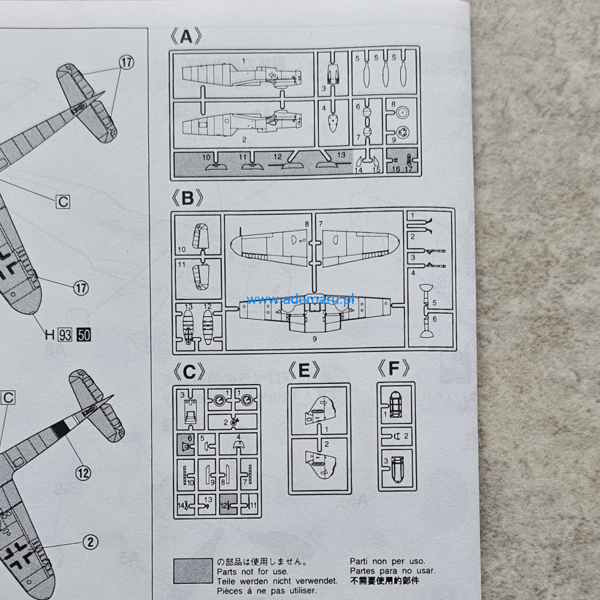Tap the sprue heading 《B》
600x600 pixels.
coord(187,198)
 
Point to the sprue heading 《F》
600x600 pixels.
coord(393,368)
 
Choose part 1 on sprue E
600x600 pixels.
coord(319,410)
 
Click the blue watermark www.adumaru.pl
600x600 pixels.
coord(300,299)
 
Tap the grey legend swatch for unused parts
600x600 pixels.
coord(193,571)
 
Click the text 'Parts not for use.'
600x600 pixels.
coord(253,572)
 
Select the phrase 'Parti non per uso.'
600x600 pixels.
coord(387,561)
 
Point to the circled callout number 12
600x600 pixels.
coord(83,472)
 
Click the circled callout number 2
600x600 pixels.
coord(90,543)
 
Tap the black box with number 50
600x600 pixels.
coord(84,335)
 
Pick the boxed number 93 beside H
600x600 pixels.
coord(65,335)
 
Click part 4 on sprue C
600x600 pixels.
coord(238,444)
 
